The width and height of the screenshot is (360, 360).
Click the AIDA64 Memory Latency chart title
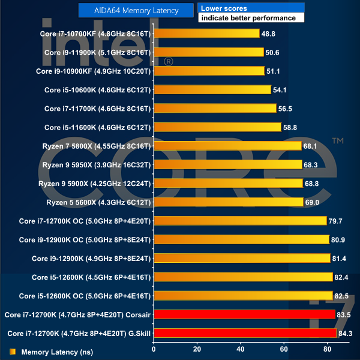click(137, 10)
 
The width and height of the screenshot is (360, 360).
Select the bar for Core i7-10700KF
click(207, 34)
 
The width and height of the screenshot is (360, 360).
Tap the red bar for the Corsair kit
click(244, 314)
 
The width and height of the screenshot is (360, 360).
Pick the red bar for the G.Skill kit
click(245, 333)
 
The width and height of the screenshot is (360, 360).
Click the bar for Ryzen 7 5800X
click(228, 146)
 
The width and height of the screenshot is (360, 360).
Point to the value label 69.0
click(313, 202)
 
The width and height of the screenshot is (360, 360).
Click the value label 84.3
click(346, 333)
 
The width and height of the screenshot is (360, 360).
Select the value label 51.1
click(274, 71)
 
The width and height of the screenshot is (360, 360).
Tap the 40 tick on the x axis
click(241, 349)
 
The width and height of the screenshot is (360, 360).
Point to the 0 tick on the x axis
click(154, 349)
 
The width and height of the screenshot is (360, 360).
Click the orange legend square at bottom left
click(13, 352)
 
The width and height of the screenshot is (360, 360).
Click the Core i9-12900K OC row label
click(85, 239)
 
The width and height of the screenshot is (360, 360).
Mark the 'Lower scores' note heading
click(224, 8)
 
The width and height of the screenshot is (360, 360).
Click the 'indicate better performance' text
click(248, 18)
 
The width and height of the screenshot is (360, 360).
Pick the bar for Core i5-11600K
click(218, 127)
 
